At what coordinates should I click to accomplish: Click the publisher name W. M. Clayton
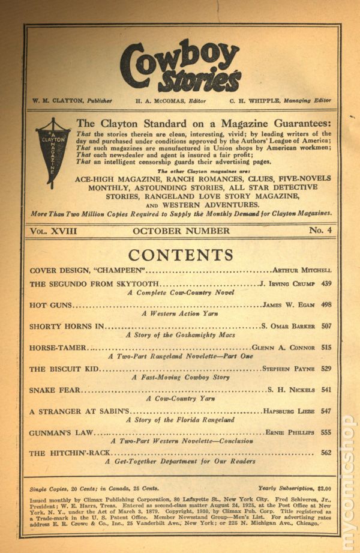click(58, 100)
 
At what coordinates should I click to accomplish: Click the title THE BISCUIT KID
click(64, 369)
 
